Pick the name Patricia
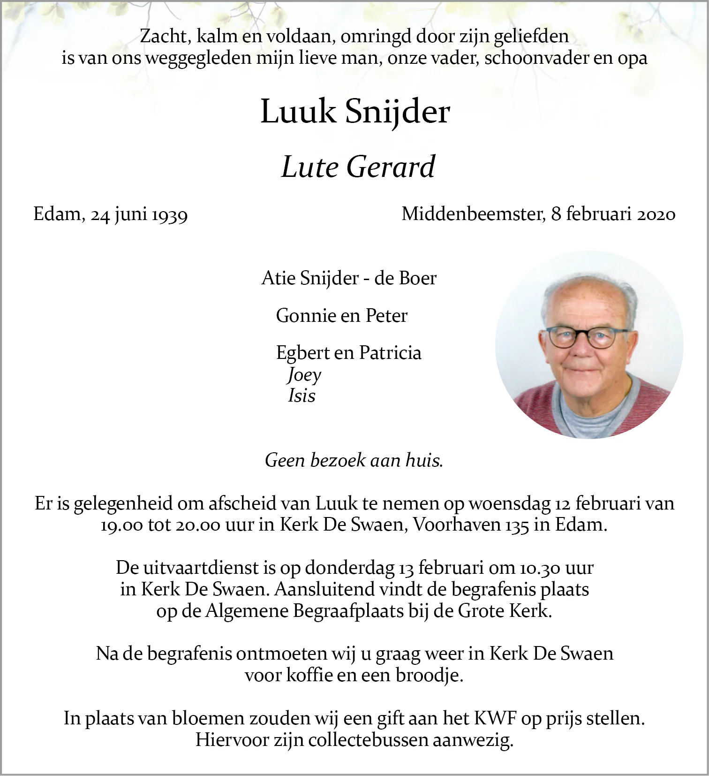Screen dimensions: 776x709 [x=390, y=353]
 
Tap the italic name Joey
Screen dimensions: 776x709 [x=304, y=375]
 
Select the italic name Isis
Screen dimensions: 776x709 [x=302, y=396]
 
